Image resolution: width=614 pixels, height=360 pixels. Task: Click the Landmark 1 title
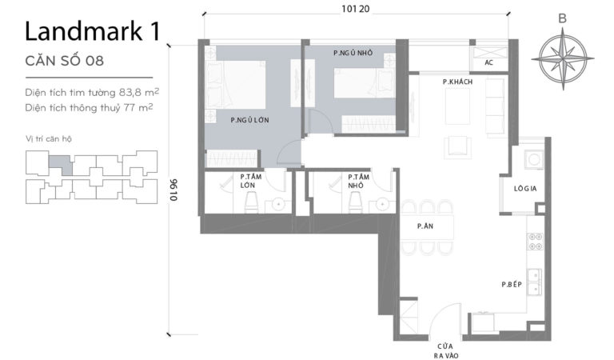click(x=93, y=32)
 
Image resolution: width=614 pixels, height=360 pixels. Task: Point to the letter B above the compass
click(x=563, y=20)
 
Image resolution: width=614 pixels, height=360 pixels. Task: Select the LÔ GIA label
click(x=514, y=189)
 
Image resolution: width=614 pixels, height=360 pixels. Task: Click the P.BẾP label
click(x=512, y=284)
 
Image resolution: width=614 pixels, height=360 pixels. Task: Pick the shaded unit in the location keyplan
click(x=62, y=164)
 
